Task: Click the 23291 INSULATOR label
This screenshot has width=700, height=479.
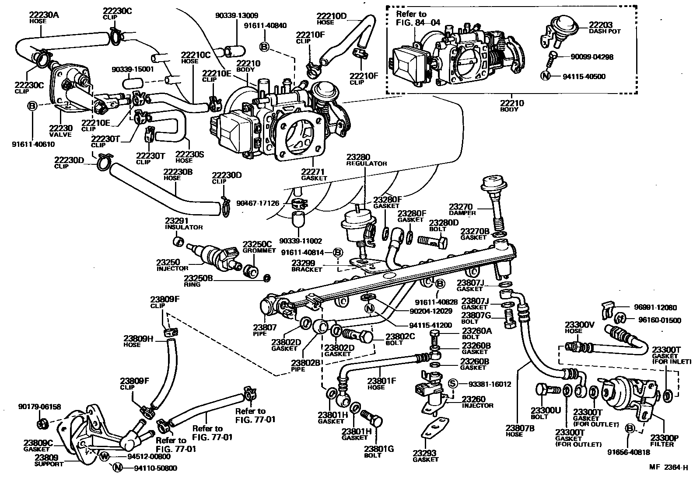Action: tap(183, 224)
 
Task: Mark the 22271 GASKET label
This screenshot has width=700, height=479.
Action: tap(314, 174)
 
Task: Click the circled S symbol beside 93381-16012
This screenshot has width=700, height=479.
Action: tap(453, 384)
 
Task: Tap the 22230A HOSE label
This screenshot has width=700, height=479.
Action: tap(44, 17)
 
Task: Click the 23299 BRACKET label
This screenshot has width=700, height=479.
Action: tap(306, 266)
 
